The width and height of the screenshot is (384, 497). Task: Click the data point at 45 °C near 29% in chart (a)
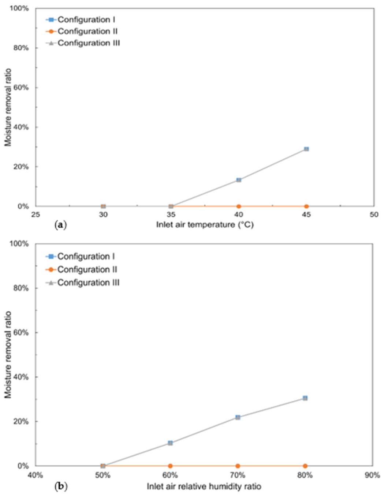(x=306, y=149)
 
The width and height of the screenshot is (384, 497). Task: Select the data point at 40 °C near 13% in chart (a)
(x=239, y=180)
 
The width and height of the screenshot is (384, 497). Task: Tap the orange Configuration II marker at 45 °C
(x=306, y=206)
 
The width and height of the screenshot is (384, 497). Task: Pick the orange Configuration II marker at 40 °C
(x=239, y=206)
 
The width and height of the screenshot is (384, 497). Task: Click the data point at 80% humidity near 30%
(x=305, y=398)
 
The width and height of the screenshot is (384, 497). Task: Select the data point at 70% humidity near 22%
(x=238, y=417)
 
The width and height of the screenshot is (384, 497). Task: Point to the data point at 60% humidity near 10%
(x=170, y=443)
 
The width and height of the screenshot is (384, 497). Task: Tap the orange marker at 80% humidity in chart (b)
(x=305, y=466)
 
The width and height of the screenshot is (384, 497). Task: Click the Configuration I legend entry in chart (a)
(x=81, y=20)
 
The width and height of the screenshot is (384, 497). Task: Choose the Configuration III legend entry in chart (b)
(x=82, y=282)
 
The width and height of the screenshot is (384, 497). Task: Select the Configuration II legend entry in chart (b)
(x=81, y=269)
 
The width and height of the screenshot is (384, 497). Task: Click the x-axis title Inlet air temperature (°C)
(x=205, y=225)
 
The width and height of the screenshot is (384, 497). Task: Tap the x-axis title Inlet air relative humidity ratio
(x=204, y=486)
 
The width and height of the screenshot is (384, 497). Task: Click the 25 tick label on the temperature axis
(x=36, y=215)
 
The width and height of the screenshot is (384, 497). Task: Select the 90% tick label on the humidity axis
(x=373, y=475)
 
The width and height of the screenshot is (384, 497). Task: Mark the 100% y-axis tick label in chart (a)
(x=19, y=8)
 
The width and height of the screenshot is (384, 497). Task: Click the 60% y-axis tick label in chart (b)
(x=21, y=332)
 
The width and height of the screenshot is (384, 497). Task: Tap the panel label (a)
(x=61, y=225)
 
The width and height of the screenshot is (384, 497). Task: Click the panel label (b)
(x=61, y=487)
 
